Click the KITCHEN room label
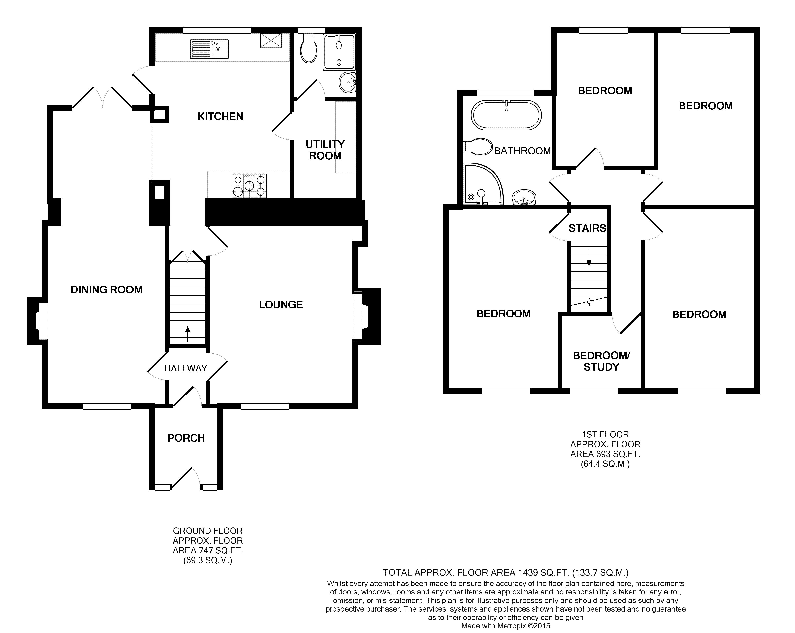(220, 117)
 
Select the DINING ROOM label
(107, 290)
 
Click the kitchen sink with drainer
(209, 49)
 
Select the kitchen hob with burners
(249, 186)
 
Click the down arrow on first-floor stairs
(589, 258)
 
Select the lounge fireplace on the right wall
(367, 316)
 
